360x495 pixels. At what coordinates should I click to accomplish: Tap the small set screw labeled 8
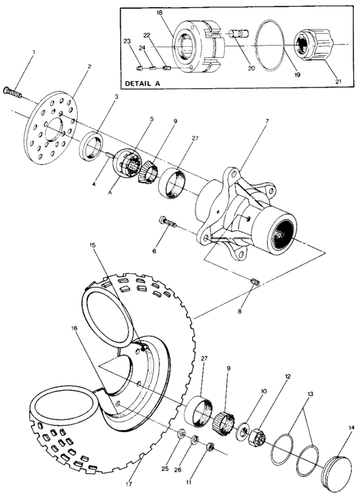(253, 282)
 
